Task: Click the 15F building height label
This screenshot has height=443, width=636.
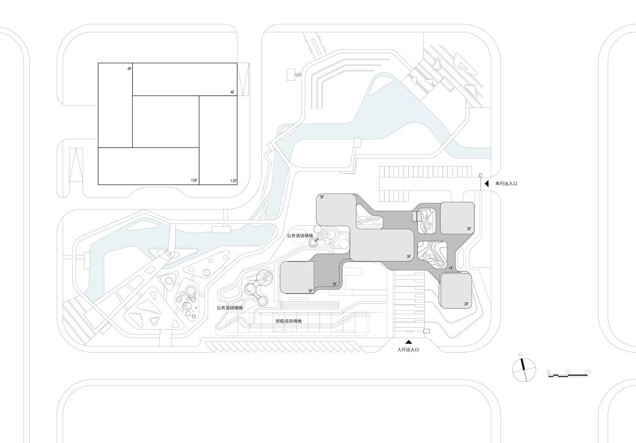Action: (x=194, y=180)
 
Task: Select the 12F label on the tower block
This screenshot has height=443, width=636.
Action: (x=233, y=180)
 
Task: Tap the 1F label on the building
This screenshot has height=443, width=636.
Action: (x=451, y=268)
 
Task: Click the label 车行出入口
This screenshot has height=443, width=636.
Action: (x=506, y=184)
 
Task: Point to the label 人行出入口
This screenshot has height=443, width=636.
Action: (x=408, y=350)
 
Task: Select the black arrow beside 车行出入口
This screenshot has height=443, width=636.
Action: (x=487, y=184)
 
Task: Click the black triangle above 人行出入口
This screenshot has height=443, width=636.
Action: (x=408, y=342)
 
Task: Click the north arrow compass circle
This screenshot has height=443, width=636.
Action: (x=524, y=370)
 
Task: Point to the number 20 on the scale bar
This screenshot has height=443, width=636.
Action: (x=587, y=371)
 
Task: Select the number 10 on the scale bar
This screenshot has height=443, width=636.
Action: (x=567, y=371)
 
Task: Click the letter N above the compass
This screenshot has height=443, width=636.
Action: (x=520, y=354)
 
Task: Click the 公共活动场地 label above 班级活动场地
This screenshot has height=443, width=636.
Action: (x=230, y=308)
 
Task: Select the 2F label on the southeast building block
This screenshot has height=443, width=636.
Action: (x=467, y=303)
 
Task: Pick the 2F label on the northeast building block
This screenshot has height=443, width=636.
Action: (x=469, y=229)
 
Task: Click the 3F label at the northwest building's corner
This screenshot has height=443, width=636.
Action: (x=322, y=197)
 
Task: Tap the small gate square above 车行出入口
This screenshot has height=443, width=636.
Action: (x=480, y=176)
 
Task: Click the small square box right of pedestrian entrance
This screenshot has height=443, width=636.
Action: (x=426, y=331)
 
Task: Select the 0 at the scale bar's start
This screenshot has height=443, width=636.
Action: (x=548, y=371)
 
